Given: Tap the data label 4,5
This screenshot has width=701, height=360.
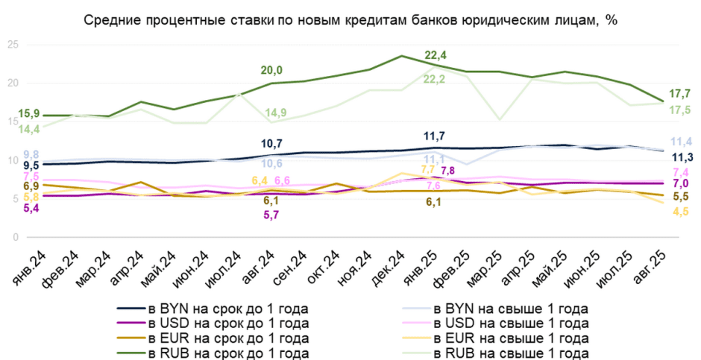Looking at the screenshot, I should click(680, 212).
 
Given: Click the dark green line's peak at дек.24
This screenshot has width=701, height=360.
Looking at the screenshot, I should click(402, 56).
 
